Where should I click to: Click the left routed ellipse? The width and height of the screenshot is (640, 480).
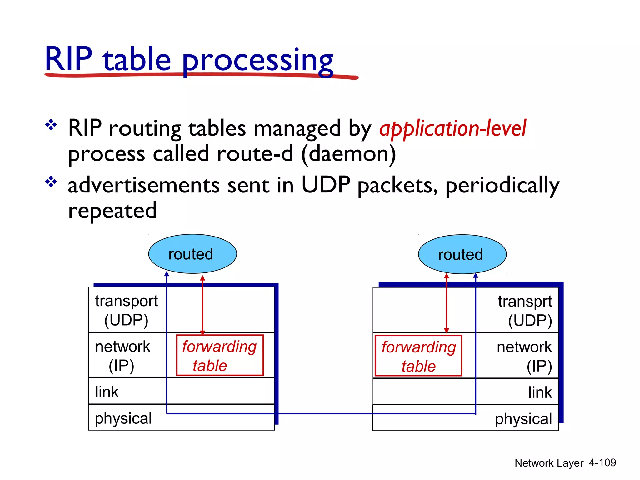[x=192, y=254]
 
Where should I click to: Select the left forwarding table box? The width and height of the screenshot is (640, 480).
[x=220, y=355]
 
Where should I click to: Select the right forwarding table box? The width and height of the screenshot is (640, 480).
[x=418, y=356]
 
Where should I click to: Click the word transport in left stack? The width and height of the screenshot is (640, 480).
[x=126, y=301]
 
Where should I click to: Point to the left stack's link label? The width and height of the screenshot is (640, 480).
[x=107, y=392]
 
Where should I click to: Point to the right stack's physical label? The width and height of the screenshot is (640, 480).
[x=523, y=419]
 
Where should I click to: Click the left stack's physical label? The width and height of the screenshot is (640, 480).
[x=123, y=418]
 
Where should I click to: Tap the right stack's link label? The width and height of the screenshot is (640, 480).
[x=540, y=392]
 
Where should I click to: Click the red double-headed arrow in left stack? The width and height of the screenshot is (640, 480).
[x=202, y=305]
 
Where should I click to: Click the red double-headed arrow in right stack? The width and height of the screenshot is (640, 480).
[x=446, y=303]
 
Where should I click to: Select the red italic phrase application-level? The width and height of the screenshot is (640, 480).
[x=452, y=128]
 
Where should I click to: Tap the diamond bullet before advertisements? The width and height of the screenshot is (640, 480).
[x=51, y=182]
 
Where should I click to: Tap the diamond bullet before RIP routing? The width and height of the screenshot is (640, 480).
[x=51, y=125]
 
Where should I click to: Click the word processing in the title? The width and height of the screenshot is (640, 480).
[x=257, y=60]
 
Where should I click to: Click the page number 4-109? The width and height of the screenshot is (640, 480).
[x=602, y=462]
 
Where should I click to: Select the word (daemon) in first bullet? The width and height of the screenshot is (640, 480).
[x=348, y=154]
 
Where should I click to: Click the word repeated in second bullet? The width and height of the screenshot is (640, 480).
[x=112, y=211]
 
